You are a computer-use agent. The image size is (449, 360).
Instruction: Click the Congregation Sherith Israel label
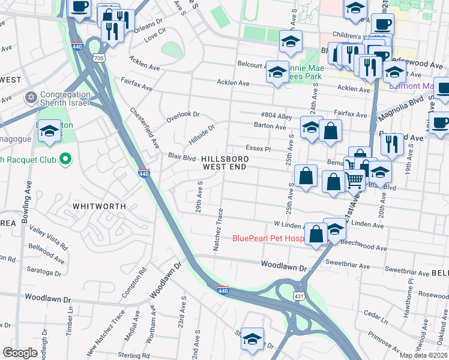pos(65,99)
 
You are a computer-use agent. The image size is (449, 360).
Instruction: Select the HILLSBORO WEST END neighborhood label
pos(224,163)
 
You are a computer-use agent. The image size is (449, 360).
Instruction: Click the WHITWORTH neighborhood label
pos(99,206)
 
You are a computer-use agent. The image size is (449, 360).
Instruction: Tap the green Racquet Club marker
pos(66,159)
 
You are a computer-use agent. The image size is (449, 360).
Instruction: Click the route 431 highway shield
pos(299,296)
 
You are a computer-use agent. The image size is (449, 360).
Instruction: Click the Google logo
pos(20,353)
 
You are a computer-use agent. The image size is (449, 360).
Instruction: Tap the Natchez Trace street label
pos(218,229)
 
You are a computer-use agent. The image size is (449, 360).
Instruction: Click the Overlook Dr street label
pos(182,114)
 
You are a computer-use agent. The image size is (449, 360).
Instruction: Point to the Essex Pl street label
pos(259,148)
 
